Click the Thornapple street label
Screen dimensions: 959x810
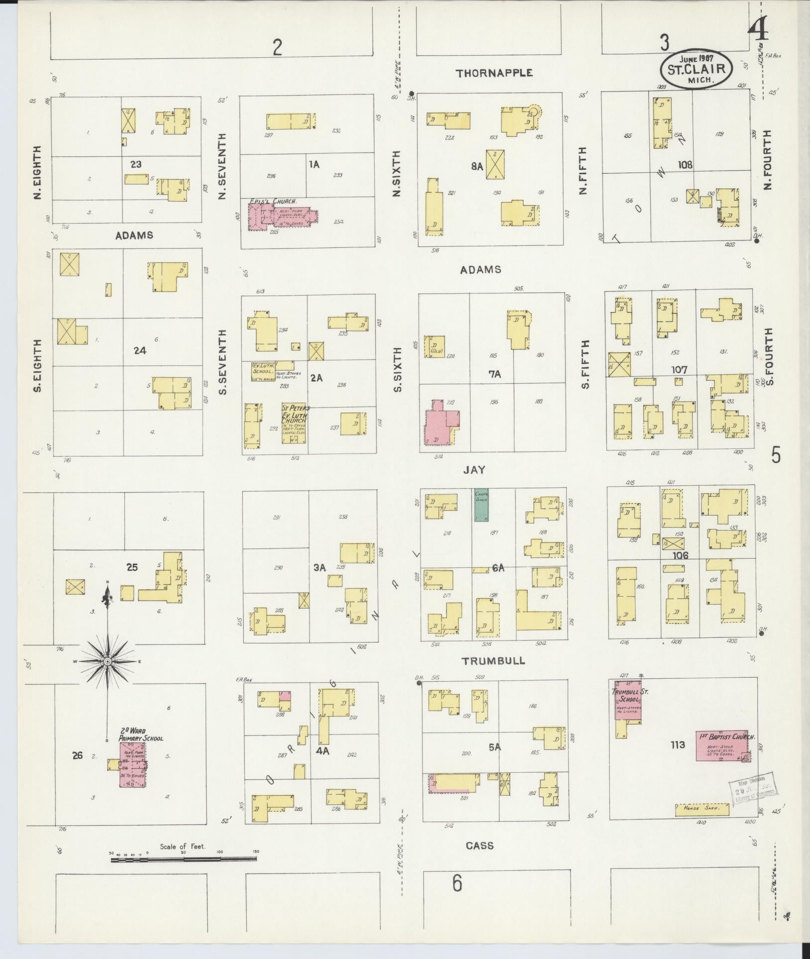pos(495,73)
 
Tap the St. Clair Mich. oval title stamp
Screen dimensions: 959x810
pos(696,70)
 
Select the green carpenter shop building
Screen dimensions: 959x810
pos(481,505)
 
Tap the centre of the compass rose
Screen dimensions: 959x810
pos(107,661)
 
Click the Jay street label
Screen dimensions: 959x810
pos(474,470)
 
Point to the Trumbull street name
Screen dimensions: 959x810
pos(493,661)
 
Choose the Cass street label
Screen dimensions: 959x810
pos(480,846)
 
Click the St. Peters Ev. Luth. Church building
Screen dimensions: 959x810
pos(294,423)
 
